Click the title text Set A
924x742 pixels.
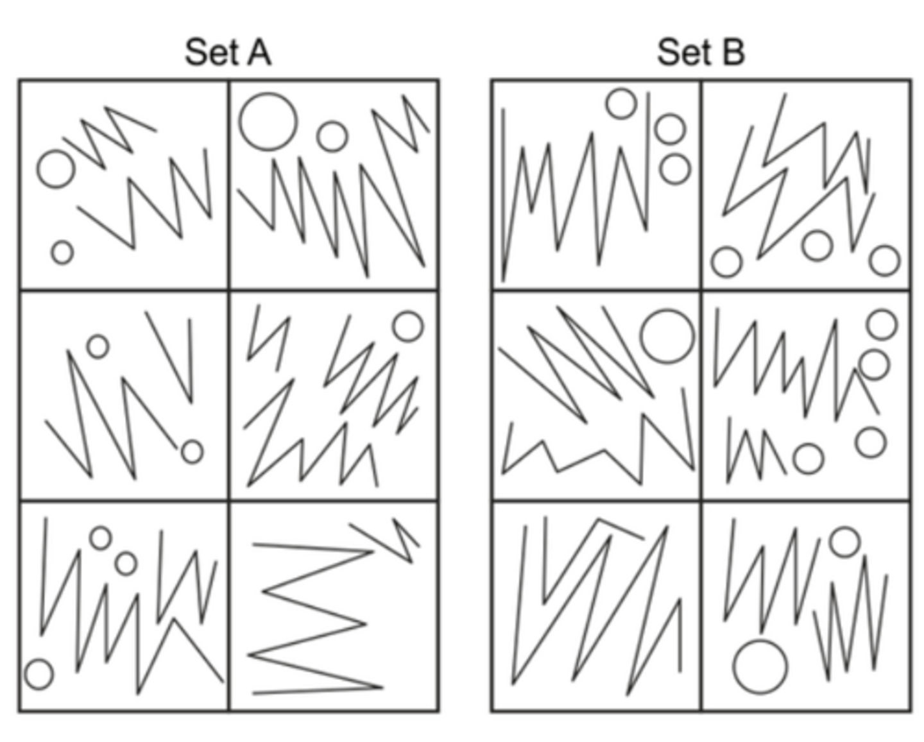point(228,52)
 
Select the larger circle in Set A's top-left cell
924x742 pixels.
point(56,169)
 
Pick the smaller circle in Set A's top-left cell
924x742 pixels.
point(62,253)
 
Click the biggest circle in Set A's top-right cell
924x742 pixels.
point(268,122)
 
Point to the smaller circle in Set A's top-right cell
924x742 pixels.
point(332,137)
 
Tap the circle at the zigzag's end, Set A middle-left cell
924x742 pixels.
point(192,451)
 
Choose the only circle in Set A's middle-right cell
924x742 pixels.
point(408,326)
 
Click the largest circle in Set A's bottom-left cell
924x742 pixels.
point(38,675)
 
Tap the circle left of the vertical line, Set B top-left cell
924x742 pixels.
point(621,104)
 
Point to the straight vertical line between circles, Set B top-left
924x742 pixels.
point(649,160)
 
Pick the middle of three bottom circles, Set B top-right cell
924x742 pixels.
point(817,246)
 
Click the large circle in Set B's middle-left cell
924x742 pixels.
point(667,336)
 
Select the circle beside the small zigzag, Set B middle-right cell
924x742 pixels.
point(808,459)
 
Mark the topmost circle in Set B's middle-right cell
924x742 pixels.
point(882,325)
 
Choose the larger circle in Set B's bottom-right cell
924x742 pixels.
point(760,667)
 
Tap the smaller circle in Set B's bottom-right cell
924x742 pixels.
point(845,543)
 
